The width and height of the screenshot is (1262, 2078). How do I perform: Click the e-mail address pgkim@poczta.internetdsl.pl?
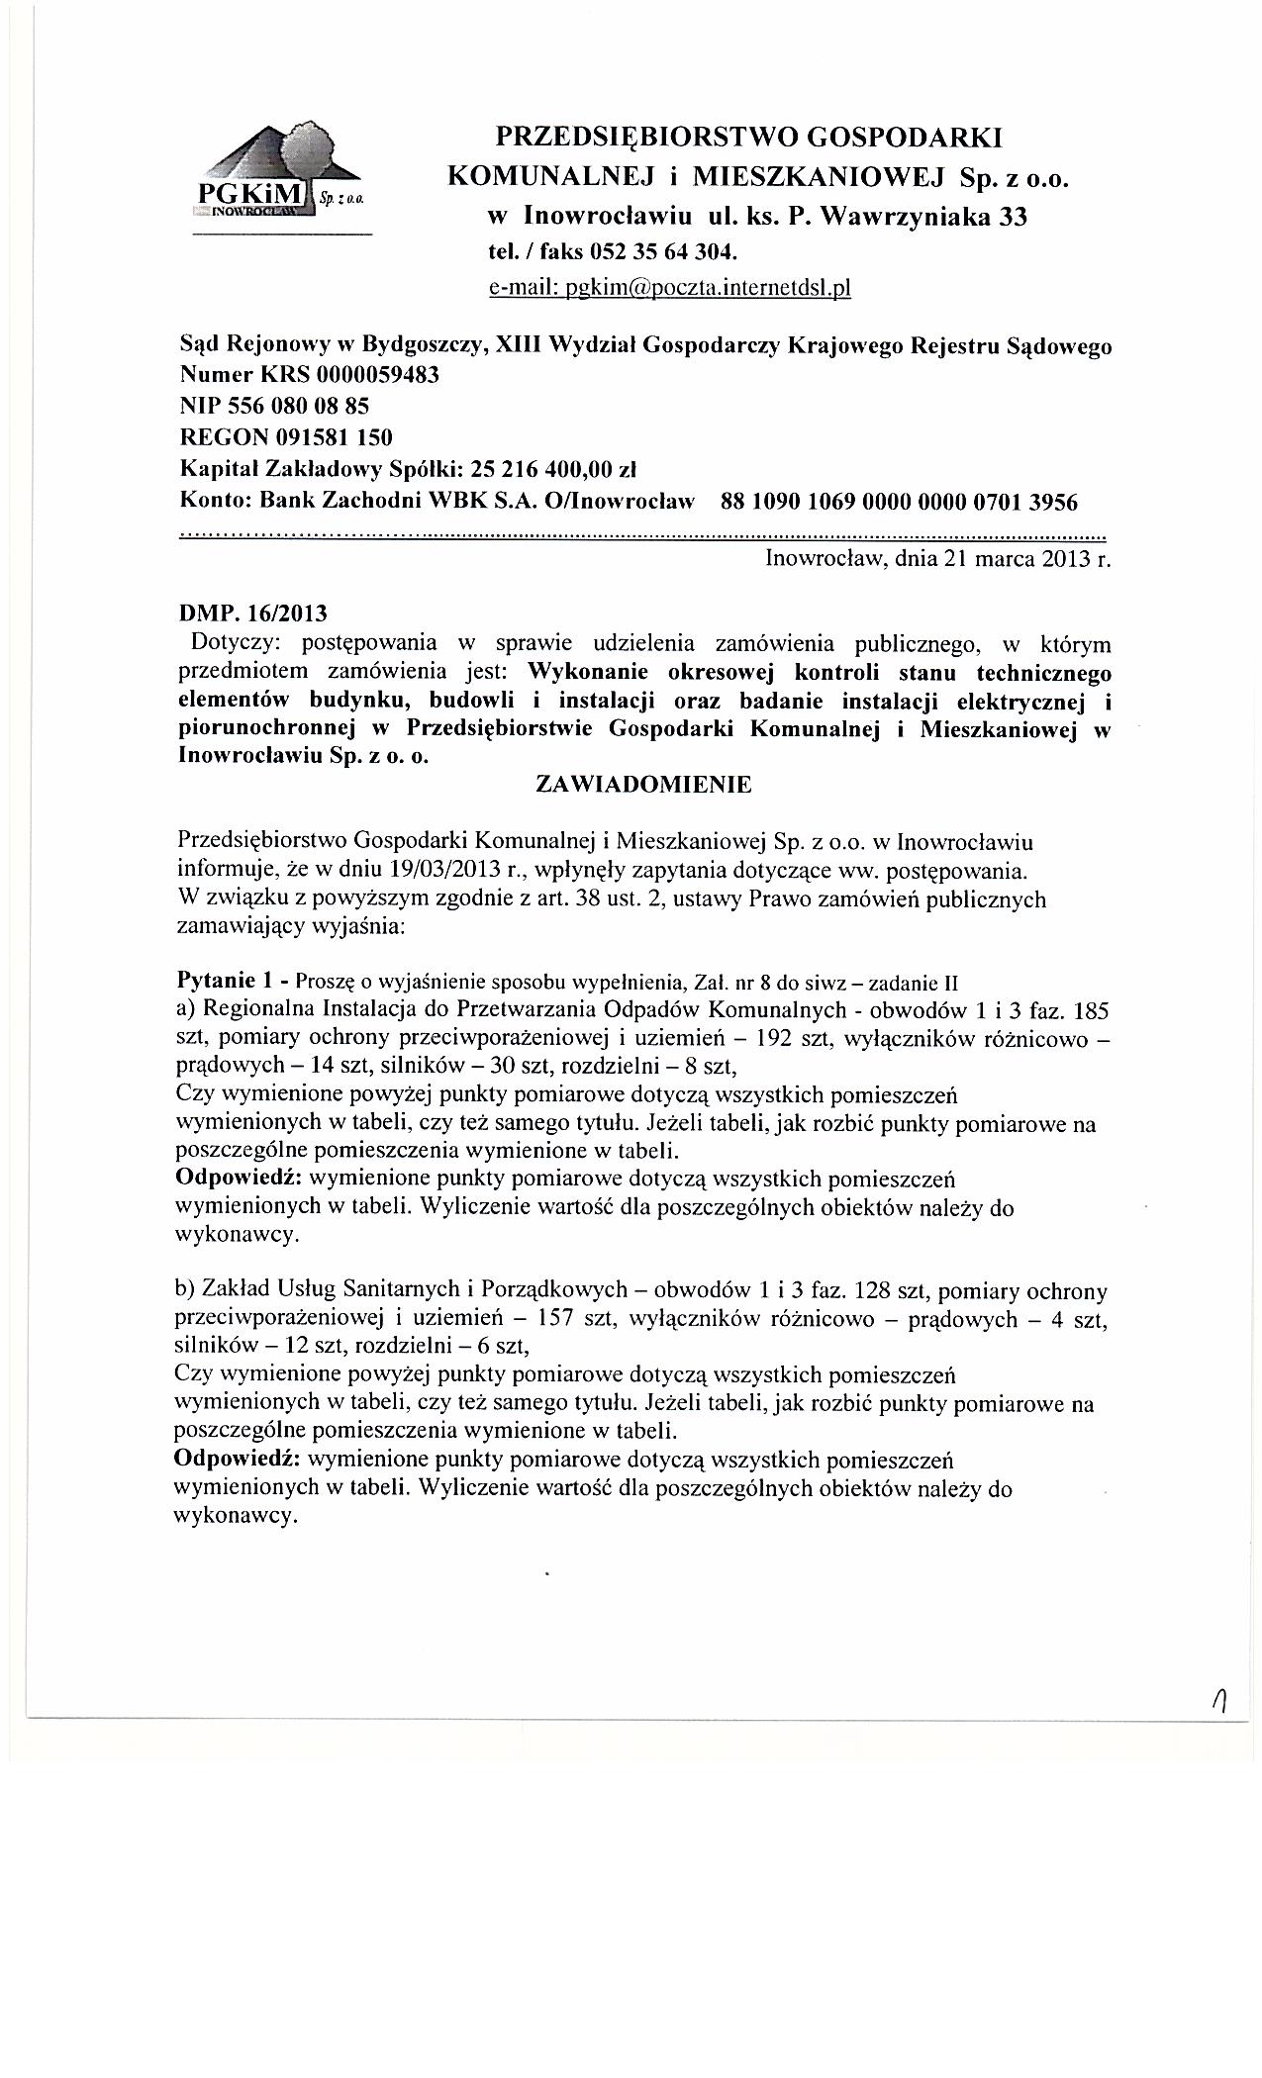[670, 288]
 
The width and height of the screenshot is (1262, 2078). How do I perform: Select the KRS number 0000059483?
[379, 376]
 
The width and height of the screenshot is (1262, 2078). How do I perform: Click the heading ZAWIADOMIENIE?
[642, 785]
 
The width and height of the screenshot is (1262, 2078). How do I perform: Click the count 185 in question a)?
[1093, 1011]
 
